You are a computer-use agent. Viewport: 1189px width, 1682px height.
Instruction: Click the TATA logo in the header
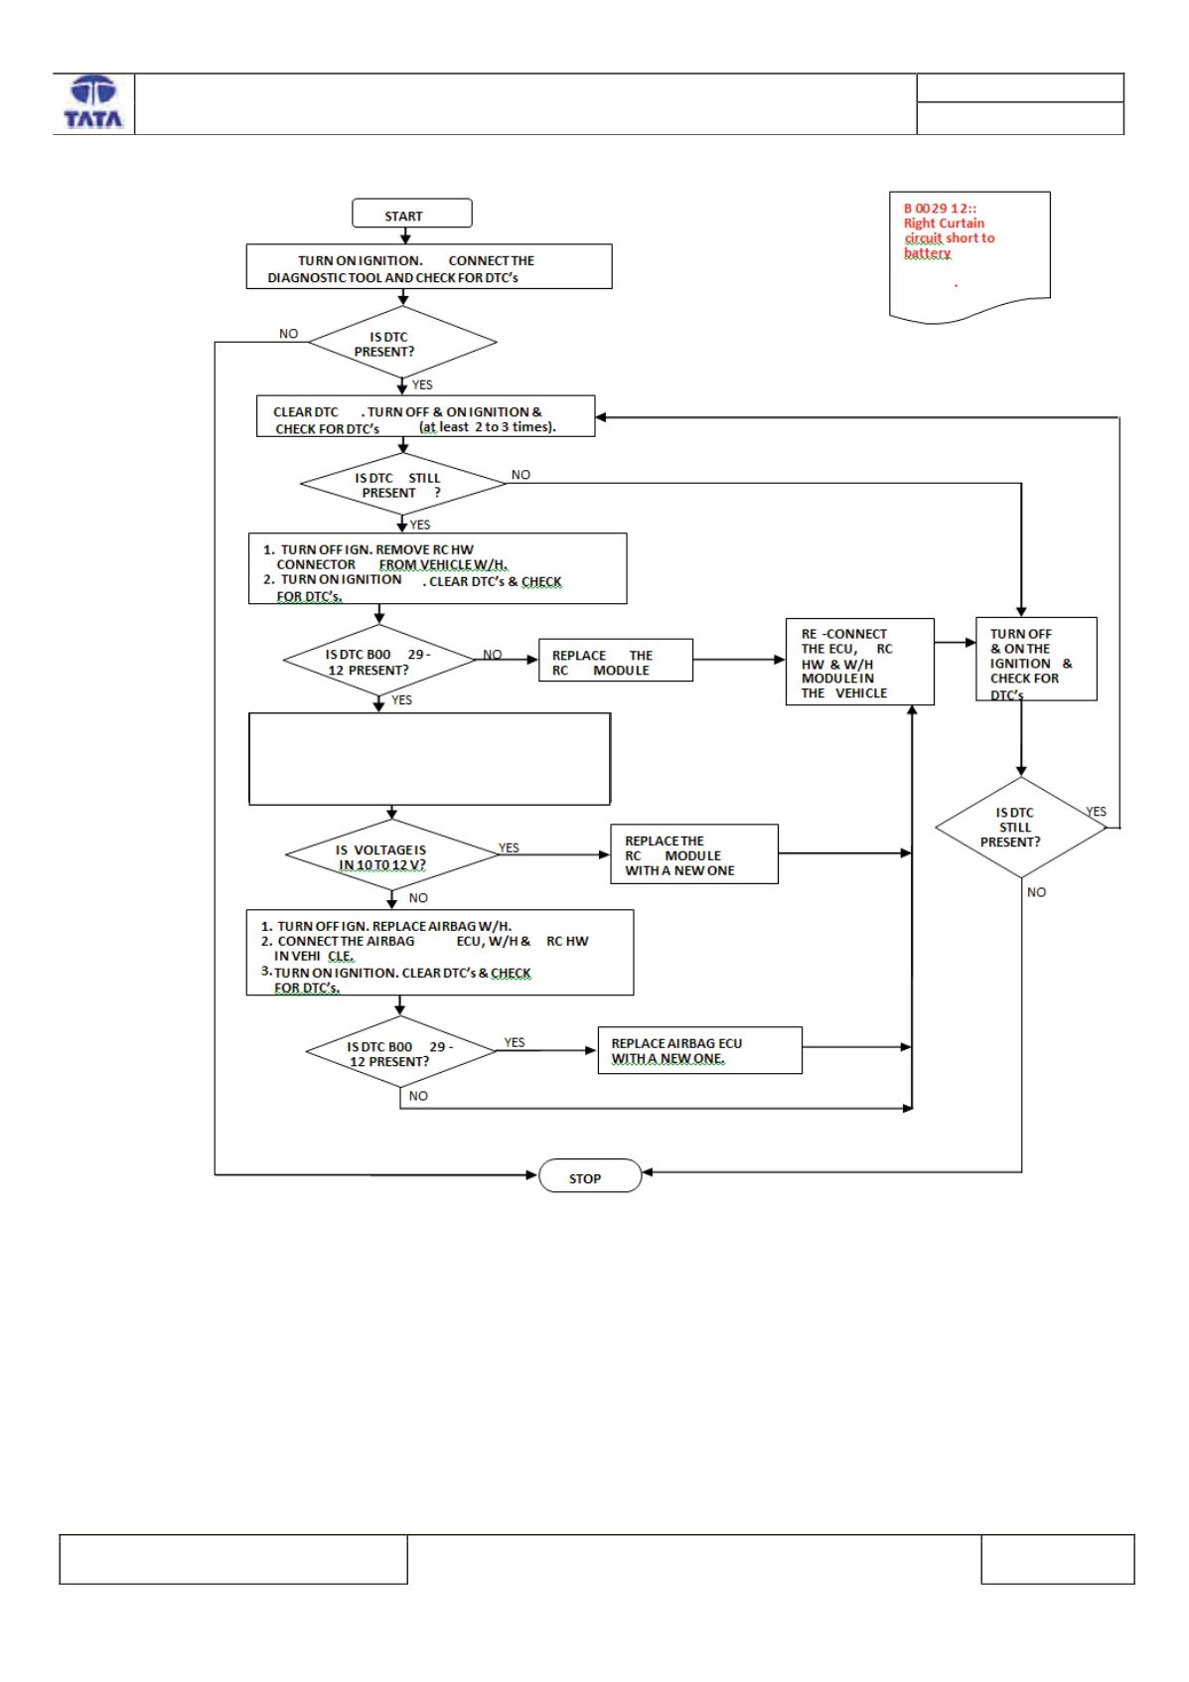93,102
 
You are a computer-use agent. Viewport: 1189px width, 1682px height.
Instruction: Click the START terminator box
411,214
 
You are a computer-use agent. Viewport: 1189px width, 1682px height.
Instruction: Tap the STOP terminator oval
590,1175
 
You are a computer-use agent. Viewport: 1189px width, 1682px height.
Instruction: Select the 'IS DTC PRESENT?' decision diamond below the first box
402,342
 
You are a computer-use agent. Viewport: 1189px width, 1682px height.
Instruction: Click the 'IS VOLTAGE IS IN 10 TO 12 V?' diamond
391,854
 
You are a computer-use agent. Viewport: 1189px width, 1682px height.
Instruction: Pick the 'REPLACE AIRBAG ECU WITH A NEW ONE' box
699,1050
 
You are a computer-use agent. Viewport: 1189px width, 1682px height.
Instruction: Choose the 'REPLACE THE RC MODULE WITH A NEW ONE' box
694,853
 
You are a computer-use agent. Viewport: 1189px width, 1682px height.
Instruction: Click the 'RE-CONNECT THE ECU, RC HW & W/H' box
859,662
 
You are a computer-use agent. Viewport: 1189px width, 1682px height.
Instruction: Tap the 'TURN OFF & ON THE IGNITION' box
1036,660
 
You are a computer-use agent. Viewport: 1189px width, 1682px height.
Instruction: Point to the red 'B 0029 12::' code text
940,208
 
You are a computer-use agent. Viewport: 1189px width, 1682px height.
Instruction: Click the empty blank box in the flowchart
429,759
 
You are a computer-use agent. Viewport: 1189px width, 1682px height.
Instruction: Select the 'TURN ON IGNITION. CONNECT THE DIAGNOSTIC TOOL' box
428,266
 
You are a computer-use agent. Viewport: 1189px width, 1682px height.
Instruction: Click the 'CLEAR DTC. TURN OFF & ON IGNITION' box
425,416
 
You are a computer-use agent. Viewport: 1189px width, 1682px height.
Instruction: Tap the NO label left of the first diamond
288,334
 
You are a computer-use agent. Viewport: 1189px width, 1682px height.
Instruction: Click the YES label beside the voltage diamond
509,847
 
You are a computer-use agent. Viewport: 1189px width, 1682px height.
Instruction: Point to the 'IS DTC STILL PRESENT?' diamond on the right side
1021,827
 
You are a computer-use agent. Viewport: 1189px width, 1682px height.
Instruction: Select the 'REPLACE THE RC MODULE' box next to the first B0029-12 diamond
616,660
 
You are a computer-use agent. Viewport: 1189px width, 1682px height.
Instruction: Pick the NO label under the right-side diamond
1037,892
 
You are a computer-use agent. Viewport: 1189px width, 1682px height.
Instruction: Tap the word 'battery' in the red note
927,253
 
